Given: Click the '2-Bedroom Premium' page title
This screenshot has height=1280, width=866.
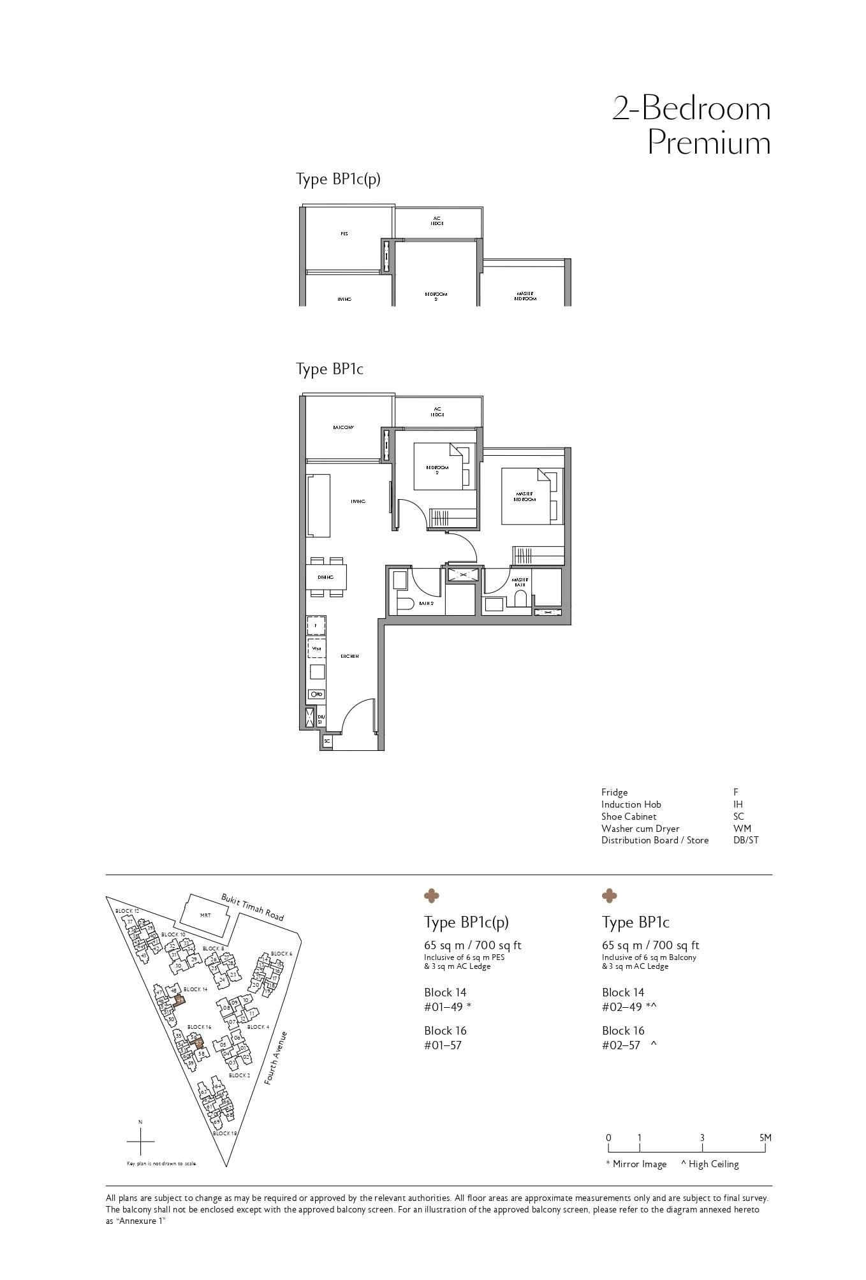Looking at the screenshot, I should [x=691, y=125].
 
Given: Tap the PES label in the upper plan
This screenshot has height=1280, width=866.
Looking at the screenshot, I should [x=344, y=234].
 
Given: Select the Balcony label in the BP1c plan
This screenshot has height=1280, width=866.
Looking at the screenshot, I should [x=343, y=427].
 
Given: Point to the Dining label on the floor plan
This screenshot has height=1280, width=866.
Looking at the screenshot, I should [x=326, y=577].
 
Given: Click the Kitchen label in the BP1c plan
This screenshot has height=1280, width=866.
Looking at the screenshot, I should [x=349, y=656].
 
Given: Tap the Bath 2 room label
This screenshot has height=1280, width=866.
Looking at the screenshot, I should [x=427, y=603].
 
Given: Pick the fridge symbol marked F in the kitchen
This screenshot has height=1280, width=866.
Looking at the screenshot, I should [x=316, y=626].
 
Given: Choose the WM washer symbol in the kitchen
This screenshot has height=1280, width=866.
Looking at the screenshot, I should [x=316, y=648].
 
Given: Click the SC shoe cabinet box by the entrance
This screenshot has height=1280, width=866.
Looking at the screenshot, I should [x=327, y=741].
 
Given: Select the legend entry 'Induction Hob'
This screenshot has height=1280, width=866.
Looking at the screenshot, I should [x=631, y=804].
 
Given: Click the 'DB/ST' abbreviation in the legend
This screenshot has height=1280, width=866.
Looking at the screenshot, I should [x=746, y=840].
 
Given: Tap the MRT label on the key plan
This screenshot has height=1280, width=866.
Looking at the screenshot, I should [x=205, y=915].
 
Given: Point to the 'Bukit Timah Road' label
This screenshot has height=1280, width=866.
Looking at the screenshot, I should [x=253, y=906].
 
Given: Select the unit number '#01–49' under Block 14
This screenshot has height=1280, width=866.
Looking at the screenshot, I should [x=443, y=1007].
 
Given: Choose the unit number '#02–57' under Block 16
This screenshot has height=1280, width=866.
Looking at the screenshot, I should [x=620, y=1045].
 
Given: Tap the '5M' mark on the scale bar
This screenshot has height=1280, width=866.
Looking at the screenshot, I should [x=765, y=1137].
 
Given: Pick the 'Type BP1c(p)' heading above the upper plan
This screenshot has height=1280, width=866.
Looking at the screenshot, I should [x=338, y=179].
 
